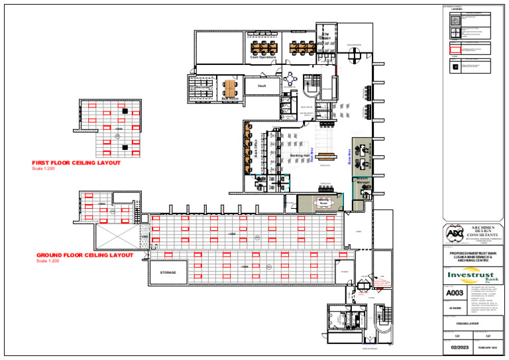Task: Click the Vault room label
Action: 262,86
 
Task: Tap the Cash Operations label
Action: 263,57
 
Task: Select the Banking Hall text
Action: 301,156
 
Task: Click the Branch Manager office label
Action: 363,180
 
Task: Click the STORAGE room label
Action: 168,272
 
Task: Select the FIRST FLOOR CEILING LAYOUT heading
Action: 76,163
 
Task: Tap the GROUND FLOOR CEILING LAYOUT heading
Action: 85,255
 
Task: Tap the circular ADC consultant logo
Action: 453,233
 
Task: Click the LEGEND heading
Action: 457,9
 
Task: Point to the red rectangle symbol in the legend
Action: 455,49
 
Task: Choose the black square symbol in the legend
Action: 455,65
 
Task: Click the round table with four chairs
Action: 290,82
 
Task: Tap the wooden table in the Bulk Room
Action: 229,88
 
